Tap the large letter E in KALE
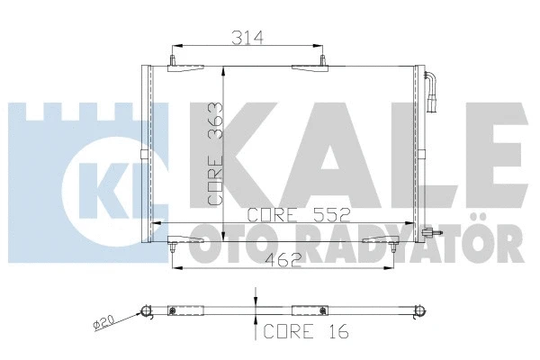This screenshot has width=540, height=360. (490, 144)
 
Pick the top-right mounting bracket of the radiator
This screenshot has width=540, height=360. (311, 67)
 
